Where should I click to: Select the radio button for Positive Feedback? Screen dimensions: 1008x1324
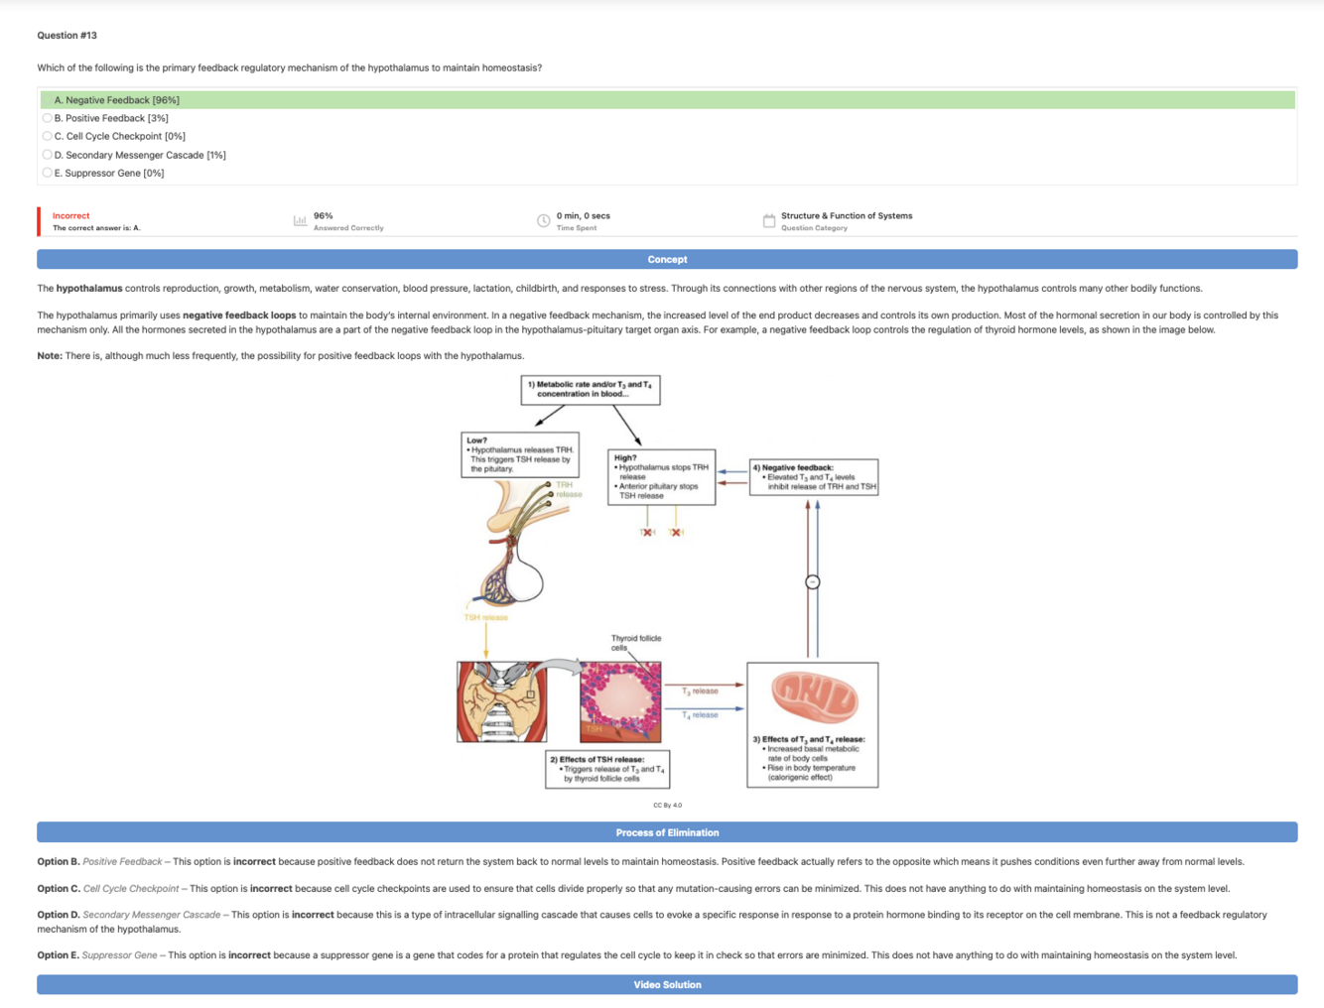47,118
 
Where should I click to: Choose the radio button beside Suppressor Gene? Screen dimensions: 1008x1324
47,173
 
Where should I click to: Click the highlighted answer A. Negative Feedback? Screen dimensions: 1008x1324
117,100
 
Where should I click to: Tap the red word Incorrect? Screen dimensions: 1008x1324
70,215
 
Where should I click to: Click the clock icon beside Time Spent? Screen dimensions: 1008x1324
544,221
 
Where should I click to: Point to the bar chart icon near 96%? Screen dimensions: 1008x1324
300,220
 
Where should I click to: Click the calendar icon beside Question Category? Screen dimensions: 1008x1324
769,221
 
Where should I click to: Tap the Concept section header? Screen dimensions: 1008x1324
667,260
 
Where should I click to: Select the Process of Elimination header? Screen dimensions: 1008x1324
667,832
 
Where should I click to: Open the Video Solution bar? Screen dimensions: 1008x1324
667,985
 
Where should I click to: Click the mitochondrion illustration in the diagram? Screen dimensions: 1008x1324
814,696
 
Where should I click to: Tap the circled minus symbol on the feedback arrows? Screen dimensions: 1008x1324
813,582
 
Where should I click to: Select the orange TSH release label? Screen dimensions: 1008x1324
486,617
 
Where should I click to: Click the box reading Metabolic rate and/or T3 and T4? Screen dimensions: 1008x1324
591,389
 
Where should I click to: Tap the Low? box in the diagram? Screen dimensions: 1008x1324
520,454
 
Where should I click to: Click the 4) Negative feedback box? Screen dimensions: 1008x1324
814,477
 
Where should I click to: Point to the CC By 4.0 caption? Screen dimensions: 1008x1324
667,806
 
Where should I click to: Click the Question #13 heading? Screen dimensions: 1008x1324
67,36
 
